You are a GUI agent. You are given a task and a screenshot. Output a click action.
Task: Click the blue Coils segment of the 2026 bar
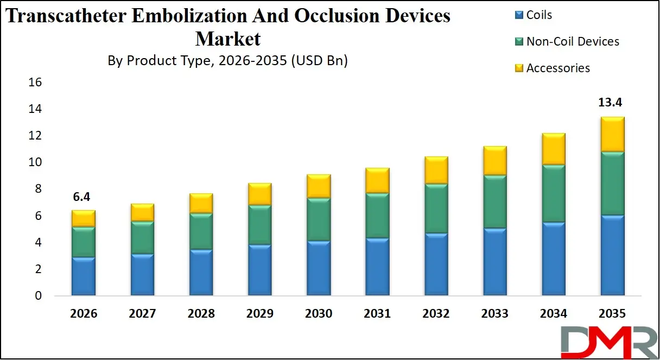point(84,276)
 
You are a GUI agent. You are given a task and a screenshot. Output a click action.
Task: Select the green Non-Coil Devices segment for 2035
point(612,184)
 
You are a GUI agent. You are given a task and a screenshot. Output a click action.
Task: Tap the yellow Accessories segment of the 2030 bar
point(319,186)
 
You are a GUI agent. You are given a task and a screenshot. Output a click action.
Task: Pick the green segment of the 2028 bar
point(201,232)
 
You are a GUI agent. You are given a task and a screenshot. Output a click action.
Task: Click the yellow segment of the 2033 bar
point(494,161)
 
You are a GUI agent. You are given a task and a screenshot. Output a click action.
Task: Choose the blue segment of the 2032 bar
point(436,264)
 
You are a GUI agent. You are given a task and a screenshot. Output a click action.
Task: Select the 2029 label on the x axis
point(259,314)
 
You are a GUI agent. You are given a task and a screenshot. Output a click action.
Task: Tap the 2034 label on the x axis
point(553,314)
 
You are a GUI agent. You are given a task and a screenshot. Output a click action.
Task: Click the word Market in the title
point(228,39)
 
